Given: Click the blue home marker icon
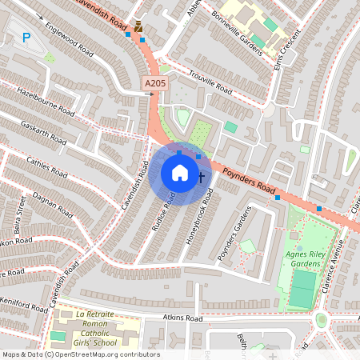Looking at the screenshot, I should [x=179, y=174].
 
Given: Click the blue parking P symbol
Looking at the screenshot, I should [x=26, y=37].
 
